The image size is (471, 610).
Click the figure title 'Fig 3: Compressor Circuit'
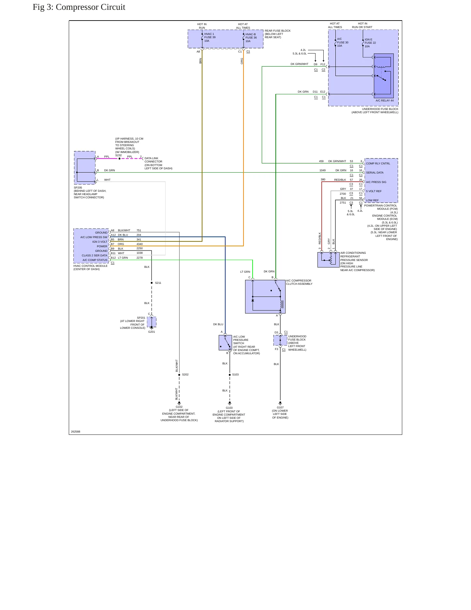tap(79, 7)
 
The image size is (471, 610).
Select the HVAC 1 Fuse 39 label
tap(210, 37)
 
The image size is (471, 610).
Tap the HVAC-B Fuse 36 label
tap(251, 38)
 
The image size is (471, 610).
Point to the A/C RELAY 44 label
tap(385, 100)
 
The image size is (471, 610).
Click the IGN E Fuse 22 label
tap(370, 43)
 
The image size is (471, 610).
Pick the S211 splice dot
tap(152, 283)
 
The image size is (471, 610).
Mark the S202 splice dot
tap(179, 375)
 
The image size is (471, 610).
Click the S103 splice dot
tap(230, 375)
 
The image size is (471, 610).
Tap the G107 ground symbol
tap(280, 403)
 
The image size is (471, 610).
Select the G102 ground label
tap(179, 407)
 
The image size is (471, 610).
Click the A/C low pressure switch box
tap(225, 343)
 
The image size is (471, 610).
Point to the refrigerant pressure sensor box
tap(328, 260)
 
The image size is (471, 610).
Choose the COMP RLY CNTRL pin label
tap(378, 163)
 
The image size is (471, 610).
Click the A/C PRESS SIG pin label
tap(376, 182)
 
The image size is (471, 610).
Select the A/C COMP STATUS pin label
tap(95, 260)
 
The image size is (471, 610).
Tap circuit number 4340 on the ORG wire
tap(140, 244)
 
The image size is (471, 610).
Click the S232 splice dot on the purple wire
tap(119, 159)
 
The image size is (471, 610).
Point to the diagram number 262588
tap(76, 432)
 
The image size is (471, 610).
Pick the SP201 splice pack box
tap(152, 322)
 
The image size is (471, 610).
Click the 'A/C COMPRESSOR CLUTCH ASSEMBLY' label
tap(299, 282)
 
